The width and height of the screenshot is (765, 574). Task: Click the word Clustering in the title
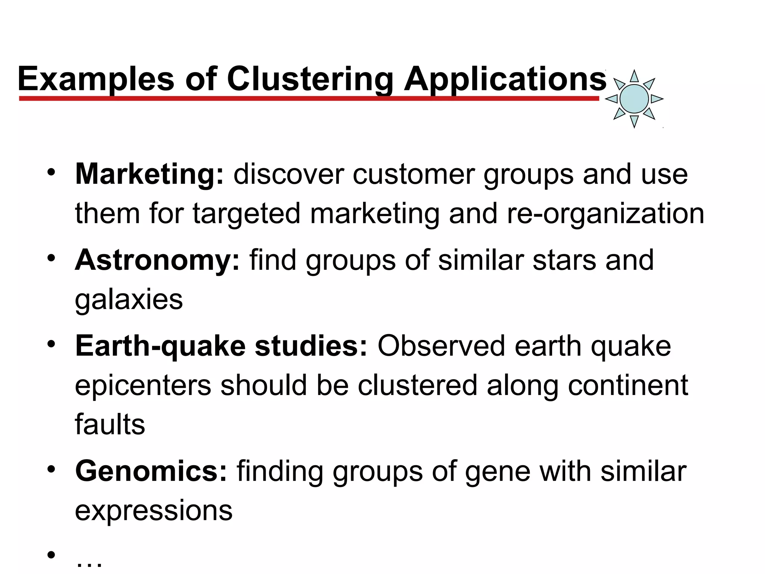pos(310,79)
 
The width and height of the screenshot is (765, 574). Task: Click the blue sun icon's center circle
pos(634,99)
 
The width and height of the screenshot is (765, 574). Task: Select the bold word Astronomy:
pos(157,260)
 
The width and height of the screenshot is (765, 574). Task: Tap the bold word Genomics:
pos(151,471)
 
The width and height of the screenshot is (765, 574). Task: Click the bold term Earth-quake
pos(160,346)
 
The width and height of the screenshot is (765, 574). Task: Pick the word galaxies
pos(129,300)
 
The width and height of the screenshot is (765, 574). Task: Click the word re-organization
pos(605,213)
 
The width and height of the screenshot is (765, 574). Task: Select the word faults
pos(110,425)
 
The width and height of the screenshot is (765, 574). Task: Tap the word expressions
pos(154,510)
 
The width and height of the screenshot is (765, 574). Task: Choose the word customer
pos(414,174)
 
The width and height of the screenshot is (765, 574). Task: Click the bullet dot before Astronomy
pos(51,258)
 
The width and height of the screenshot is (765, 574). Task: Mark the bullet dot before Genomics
pos(51,469)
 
